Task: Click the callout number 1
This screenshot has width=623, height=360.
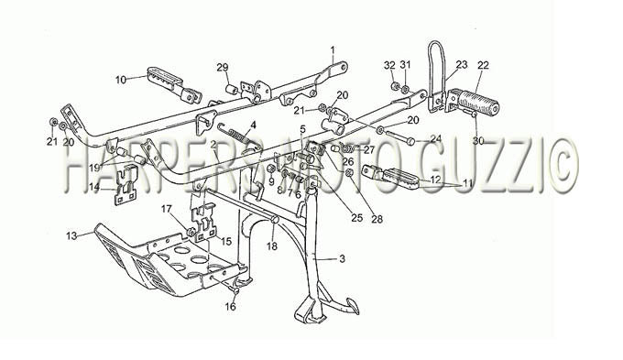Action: tap(333, 50)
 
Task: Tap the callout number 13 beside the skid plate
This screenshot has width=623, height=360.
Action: tap(71, 236)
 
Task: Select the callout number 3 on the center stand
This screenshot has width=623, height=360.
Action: tap(342, 259)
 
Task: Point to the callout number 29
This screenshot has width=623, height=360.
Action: tap(223, 67)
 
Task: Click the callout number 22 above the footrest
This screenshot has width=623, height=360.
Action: tap(483, 65)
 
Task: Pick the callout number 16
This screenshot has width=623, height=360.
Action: tap(231, 306)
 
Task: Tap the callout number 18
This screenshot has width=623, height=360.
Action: tap(272, 246)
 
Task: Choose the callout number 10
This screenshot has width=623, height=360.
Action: tap(121, 80)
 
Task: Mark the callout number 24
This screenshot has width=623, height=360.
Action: tap(436, 138)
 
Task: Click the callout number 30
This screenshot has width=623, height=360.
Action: tap(478, 140)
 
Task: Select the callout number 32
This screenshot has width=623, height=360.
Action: tap(390, 65)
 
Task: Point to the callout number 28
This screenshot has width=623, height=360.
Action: tap(377, 218)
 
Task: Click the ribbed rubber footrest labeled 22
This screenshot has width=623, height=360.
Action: tap(478, 102)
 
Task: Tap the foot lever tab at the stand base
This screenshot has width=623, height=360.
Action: tap(350, 306)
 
